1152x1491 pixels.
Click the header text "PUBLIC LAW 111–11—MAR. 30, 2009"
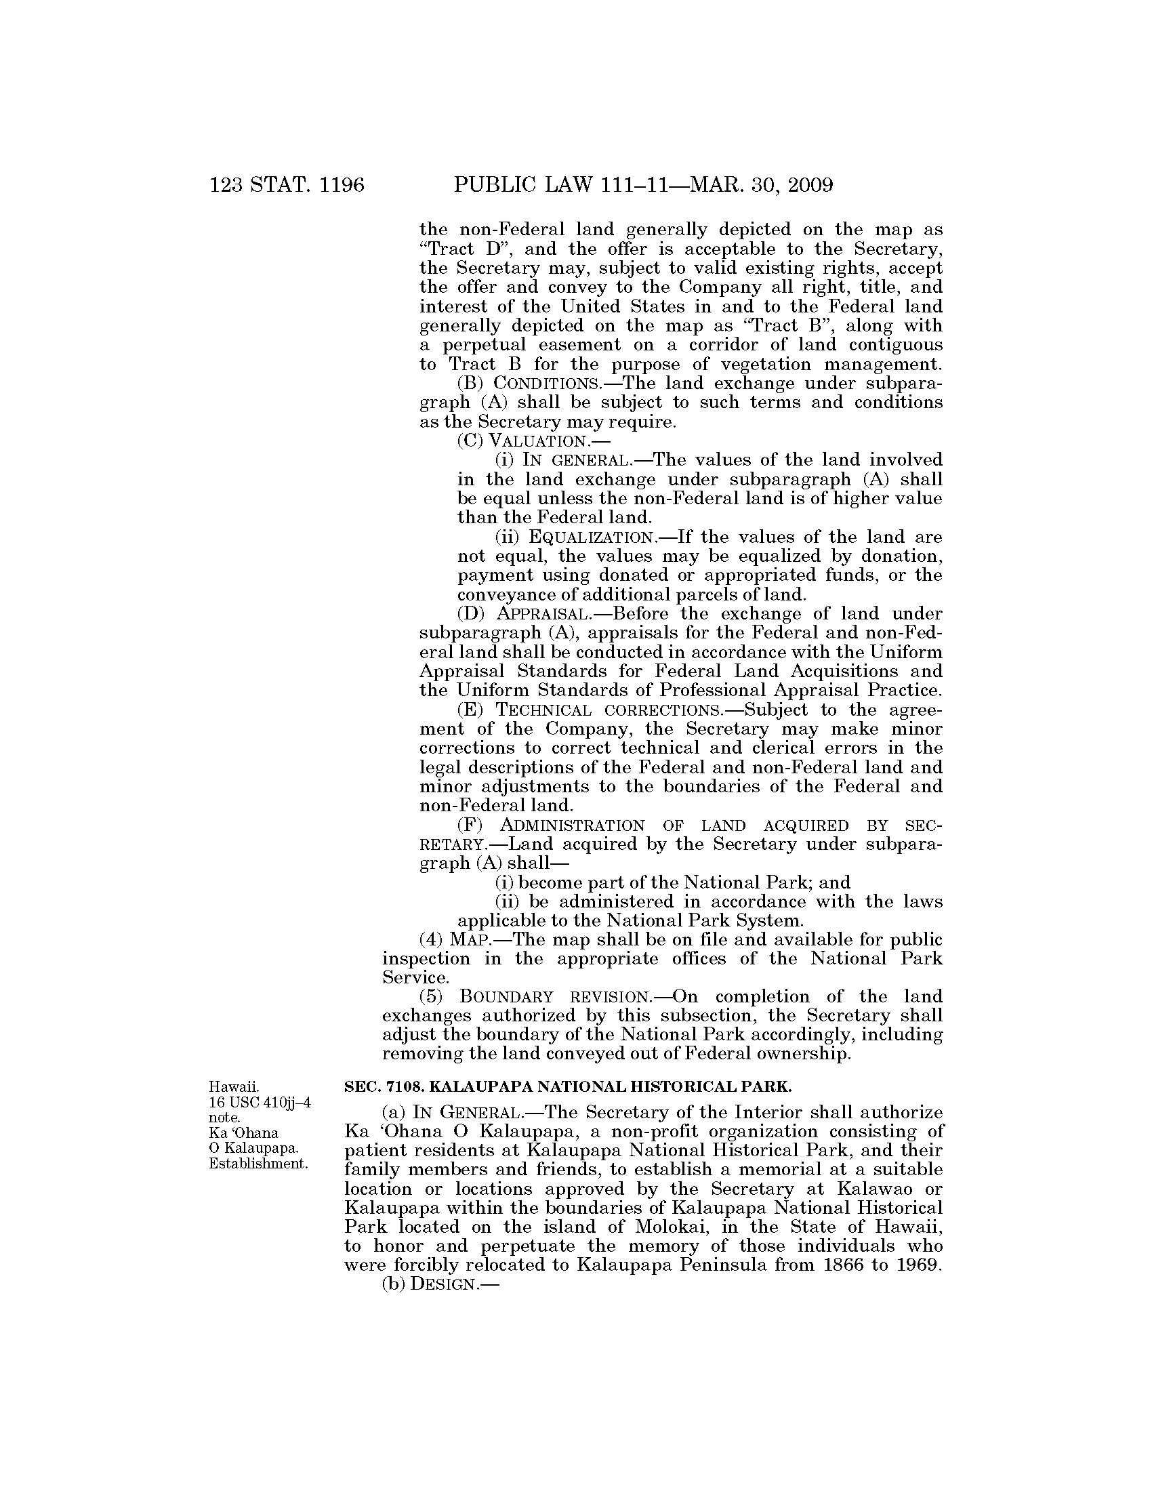coord(643,186)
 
